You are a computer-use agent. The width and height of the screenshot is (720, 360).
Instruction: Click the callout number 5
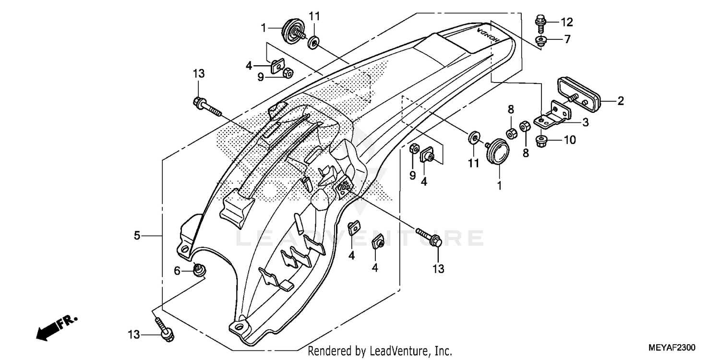click(137, 235)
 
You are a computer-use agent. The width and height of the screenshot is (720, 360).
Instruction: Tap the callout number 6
click(177, 272)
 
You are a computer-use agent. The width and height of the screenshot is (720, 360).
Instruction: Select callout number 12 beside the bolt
click(567, 22)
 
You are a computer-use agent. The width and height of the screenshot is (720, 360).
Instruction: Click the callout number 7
click(567, 39)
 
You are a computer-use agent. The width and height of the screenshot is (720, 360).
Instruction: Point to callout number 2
click(620, 101)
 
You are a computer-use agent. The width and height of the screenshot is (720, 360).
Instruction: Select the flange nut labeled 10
click(543, 141)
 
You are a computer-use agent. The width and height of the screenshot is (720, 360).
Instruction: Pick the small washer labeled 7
click(541, 40)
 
